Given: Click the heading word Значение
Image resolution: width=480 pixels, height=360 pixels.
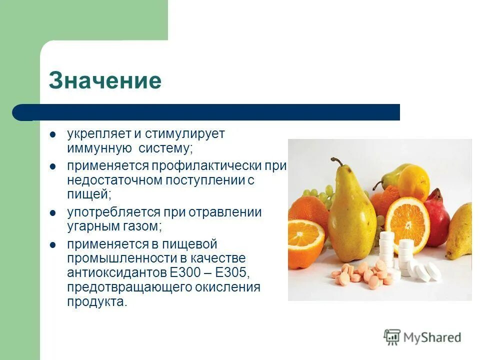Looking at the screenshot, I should pos(105,81).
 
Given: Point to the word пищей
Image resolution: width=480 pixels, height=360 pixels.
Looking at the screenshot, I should pos(87,194).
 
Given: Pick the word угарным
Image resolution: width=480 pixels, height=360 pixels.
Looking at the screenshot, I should pos(91,226).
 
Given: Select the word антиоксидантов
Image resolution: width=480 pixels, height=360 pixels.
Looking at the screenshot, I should pos(116,273).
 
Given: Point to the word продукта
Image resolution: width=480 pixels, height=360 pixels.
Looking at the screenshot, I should pos(97,302).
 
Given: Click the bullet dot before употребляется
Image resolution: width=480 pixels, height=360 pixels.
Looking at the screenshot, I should pos(52,212).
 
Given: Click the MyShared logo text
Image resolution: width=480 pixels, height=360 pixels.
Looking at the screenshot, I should pos(431,337).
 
